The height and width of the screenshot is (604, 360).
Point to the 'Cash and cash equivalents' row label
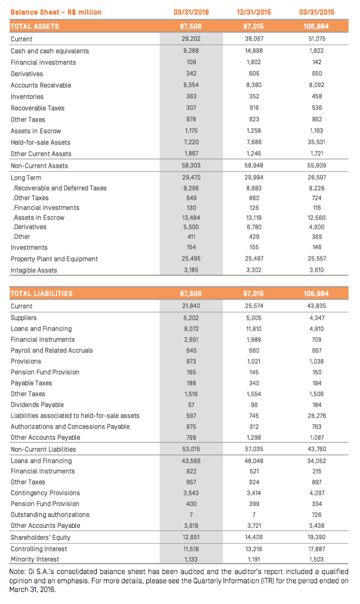[49, 51]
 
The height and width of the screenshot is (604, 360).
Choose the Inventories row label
[27, 96]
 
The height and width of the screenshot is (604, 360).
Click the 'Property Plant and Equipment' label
[54, 259]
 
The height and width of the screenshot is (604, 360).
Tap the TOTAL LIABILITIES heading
[41, 294]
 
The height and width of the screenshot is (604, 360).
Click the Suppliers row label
[24, 317]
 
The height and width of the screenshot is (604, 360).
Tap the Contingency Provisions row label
[45, 493]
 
